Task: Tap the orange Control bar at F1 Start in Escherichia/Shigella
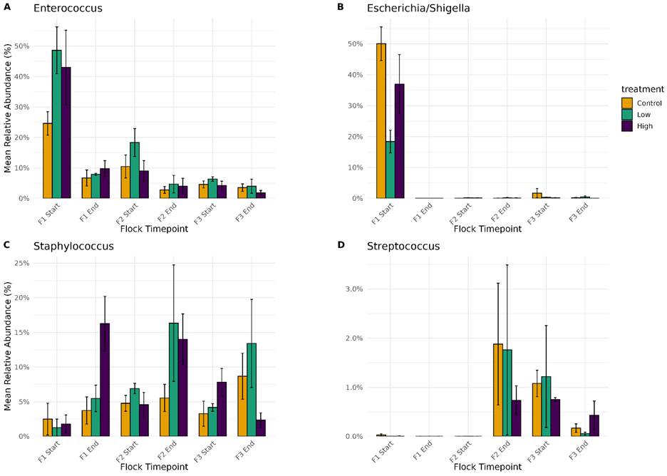381,121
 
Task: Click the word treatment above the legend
638,88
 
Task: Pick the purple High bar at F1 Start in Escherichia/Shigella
400,141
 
